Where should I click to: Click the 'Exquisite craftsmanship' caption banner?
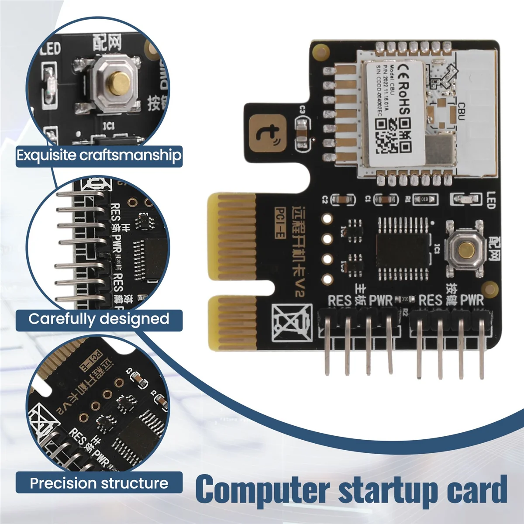[99, 155]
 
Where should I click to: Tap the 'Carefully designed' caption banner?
[99, 319]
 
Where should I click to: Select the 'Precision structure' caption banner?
[99, 483]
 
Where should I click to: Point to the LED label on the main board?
[490, 200]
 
